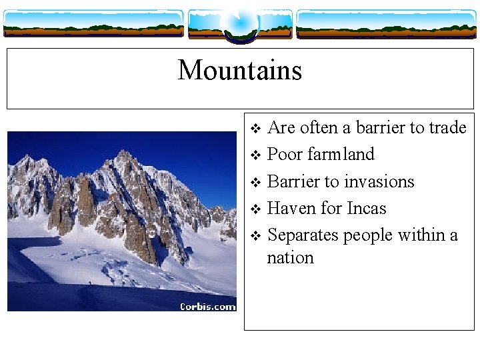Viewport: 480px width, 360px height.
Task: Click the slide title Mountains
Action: (240, 70)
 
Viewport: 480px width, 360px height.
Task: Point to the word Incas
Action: (366, 208)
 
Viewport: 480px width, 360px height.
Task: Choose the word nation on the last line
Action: (290, 257)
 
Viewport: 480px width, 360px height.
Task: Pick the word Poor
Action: (285, 154)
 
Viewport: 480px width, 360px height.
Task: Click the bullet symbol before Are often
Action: (255, 128)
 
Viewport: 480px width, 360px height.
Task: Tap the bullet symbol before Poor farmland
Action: (255, 155)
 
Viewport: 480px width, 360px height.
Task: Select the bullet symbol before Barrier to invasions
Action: (255, 182)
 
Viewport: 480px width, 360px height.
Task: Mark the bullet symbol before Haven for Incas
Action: (255, 209)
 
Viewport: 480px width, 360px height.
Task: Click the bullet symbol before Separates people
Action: (255, 236)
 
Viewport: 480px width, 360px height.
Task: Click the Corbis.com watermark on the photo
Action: (207, 306)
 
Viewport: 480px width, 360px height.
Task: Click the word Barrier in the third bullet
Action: (293, 181)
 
